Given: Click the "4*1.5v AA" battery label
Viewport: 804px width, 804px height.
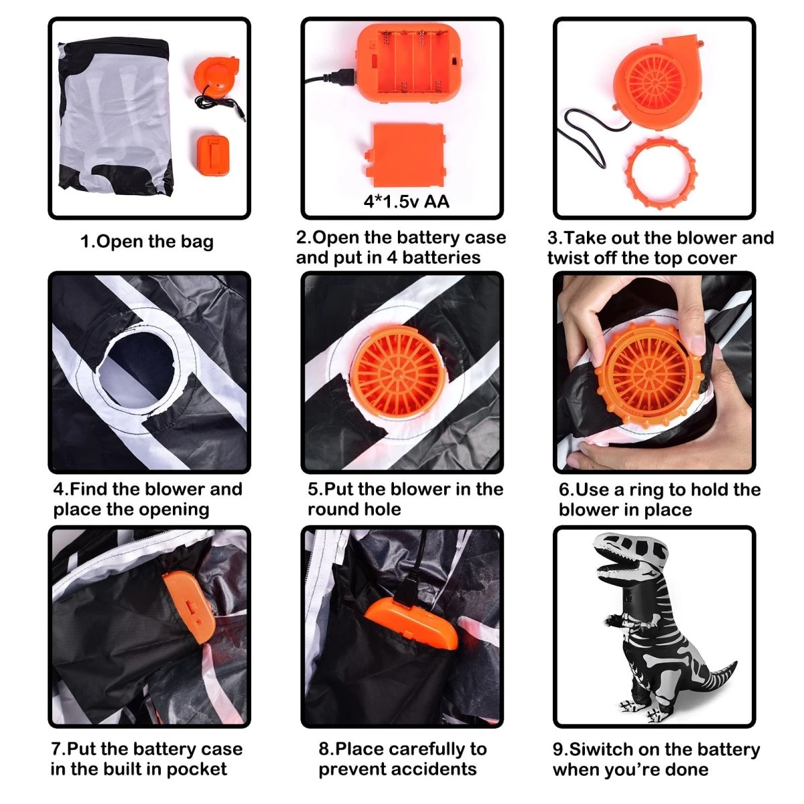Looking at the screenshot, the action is point(406,202).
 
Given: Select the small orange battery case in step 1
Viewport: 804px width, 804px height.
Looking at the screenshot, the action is point(213,154).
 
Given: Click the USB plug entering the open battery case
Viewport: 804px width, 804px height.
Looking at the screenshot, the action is point(342,77).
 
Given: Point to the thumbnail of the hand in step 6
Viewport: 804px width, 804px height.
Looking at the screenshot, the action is point(697,344).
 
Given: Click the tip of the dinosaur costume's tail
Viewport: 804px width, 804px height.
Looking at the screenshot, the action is point(735,663).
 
